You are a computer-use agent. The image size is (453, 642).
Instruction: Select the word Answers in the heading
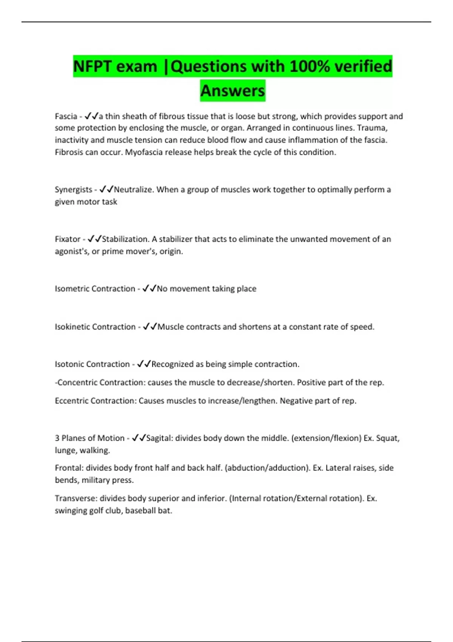(233, 91)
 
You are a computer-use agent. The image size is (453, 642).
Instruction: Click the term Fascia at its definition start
(66, 116)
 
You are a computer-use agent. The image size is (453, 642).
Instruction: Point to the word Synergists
(73, 190)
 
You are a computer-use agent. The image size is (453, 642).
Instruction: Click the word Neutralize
(134, 190)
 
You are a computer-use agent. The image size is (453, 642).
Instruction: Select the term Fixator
(68, 239)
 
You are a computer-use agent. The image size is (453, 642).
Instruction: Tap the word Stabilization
(125, 239)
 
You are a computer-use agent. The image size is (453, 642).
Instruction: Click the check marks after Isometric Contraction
(149, 289)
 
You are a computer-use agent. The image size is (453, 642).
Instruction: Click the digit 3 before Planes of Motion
(57, 438)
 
